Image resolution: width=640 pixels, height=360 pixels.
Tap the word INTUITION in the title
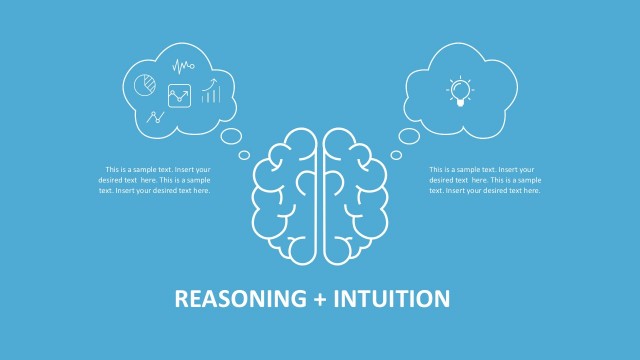coord(393,298)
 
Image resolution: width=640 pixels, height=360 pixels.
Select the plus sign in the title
coord(318,298)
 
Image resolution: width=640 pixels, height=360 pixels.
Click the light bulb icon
coord(459,92)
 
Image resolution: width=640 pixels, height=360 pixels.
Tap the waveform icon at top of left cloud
coord(182,68)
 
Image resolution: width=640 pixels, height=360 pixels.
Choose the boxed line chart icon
coord(179,96)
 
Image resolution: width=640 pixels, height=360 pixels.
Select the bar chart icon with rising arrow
coord(210,93)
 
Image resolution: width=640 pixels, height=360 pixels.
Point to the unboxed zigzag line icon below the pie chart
coord(155,116)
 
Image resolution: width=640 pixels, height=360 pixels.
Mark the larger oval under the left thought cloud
coord(229,138)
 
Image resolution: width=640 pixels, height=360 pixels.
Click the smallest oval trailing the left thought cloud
coord(244,154)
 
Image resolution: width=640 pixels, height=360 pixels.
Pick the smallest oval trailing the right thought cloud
coord(396,155)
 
